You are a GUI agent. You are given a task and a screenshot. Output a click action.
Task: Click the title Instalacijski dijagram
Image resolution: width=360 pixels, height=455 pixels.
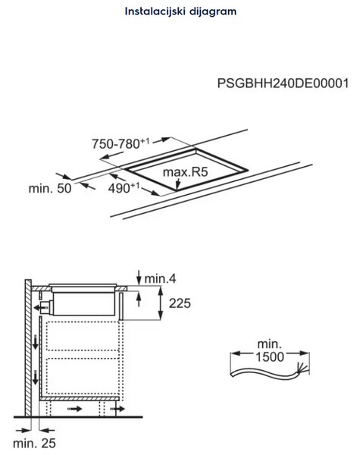(x=180, y=11)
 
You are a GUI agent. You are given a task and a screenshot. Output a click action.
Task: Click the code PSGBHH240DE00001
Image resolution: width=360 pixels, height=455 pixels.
(x=283, y=83)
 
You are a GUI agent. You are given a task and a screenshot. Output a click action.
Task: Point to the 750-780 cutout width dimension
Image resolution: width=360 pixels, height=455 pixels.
(x=121, y=143)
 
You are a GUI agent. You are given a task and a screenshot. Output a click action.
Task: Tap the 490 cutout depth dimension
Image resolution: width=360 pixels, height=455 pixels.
(x=124, y=188)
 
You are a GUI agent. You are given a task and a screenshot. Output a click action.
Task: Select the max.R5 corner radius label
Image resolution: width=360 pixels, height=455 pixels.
(x=186, y=172)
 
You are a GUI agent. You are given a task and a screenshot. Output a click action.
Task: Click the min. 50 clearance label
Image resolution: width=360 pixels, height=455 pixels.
(x=50, y=189)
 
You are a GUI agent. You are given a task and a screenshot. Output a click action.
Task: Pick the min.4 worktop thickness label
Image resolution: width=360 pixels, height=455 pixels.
(x=160, y=278)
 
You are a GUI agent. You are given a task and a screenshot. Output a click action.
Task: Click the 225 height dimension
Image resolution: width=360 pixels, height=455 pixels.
(x=180, y=303)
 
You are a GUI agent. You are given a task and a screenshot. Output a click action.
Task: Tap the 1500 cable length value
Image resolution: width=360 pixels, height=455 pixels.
(x=270, y=357)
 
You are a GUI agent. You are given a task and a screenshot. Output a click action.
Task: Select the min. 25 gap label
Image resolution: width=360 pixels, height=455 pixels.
(x=34, y=444)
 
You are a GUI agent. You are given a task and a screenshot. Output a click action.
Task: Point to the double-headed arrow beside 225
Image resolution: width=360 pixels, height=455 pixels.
(x=161, y=303)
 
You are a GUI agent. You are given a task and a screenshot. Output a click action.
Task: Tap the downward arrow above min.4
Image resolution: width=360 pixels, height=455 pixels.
(x=139, y=278)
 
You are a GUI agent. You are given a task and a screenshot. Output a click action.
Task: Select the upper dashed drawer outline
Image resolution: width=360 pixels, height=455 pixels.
(x=83, y=336)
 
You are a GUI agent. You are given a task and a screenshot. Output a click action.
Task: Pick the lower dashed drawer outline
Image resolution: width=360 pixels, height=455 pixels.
(x=83, y=376)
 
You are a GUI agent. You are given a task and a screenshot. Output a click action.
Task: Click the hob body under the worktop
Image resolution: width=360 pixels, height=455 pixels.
(x=84, y=304)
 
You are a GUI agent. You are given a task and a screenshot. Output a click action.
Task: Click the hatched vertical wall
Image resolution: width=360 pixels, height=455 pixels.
(x=28, y=348)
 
